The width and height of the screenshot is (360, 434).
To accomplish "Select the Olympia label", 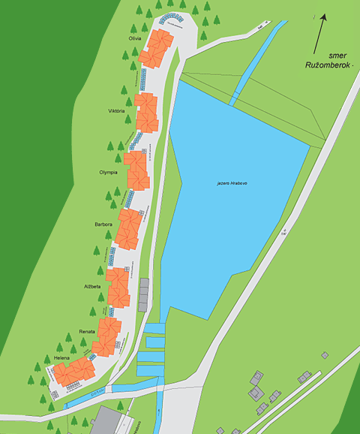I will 109,172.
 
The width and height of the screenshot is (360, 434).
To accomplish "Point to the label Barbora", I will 103,224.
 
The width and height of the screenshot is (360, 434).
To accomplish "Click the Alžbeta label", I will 92,287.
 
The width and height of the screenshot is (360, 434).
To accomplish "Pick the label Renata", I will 86,331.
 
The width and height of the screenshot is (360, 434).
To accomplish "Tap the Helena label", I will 61,358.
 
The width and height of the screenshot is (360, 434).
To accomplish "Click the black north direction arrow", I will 321,30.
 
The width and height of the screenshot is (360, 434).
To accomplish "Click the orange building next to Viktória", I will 147,113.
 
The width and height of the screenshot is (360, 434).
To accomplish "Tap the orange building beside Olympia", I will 137,171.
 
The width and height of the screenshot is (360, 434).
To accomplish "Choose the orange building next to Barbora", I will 128,229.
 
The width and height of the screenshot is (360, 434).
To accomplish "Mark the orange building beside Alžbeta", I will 118,287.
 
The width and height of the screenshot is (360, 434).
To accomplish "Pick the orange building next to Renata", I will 107,336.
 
